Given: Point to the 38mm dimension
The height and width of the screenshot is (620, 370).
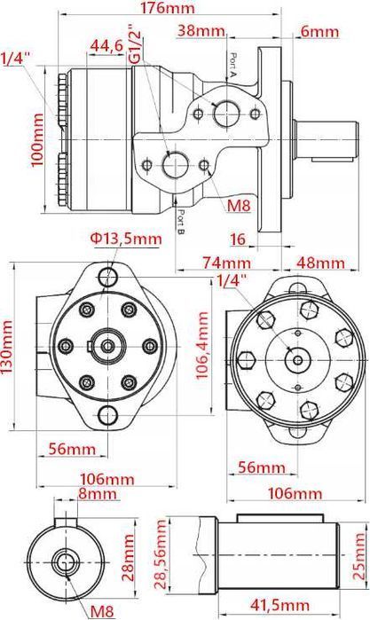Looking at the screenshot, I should (201, 31).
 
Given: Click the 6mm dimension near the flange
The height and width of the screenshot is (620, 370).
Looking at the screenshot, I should (319, 31).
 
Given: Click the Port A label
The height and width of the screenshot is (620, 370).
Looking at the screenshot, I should (232, 67).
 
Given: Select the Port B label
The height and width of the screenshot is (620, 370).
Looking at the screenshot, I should (180, 221).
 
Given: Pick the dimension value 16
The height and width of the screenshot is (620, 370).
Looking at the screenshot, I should (237, 239).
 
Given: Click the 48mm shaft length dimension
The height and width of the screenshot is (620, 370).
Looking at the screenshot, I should (319, 263).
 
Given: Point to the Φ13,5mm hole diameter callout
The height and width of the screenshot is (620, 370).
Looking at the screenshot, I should (125, 239).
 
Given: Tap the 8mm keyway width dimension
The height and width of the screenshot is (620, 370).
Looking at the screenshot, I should (93, 493).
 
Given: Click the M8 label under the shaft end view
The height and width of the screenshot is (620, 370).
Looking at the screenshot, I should (102, 609).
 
